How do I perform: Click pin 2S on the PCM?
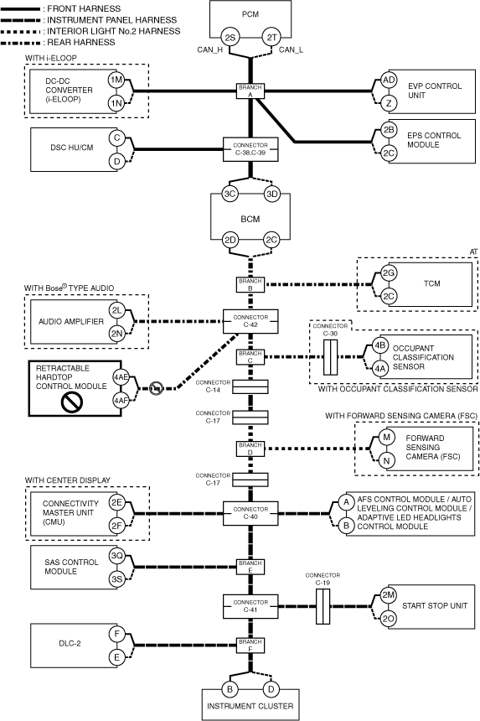pos(230,38)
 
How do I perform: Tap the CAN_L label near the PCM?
pos(291,49)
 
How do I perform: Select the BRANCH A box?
pos(250,91)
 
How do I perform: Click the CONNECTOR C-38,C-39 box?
pos(250,149)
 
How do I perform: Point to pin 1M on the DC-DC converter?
pos(116,80)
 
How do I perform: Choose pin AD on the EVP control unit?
pos(389,80)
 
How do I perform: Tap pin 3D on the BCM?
pos(272,194)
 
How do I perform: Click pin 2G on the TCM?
pos(389,273)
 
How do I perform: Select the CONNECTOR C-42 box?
pos(250,321)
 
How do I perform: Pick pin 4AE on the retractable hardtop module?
pos(121,378)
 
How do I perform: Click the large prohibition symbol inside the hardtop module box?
pos(72,402)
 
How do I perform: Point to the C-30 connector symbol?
pos(330,357)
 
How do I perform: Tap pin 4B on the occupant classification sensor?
pos(379,345)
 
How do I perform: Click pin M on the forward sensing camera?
pos(386,437)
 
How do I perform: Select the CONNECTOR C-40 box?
pos(250,513)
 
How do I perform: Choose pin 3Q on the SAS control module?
pos(116,556)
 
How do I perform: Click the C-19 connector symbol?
pos(323,606)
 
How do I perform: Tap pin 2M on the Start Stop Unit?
pos(389,595)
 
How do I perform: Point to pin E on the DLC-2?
pos(116,657)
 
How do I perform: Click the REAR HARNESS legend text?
pos(81,42)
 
